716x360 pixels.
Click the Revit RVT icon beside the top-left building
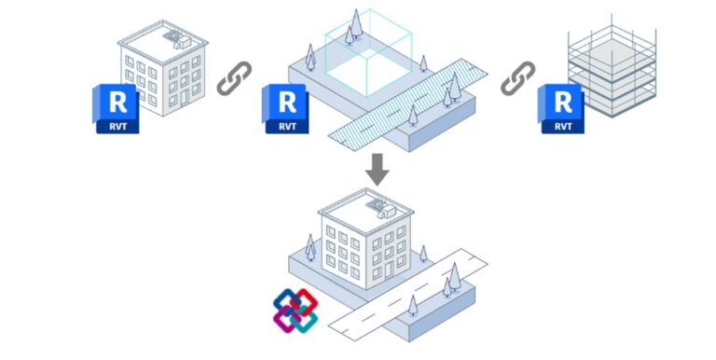pyautogui.click(x=117, y=108)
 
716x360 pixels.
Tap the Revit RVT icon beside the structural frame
pyautogui.click(x=559, y=108)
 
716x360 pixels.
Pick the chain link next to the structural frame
pyautogui.click(x=518, y=80)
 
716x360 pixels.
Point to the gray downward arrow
pyautogui.click(x=377, y=169)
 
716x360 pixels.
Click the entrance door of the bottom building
pyautogui.click(x=379, y=276)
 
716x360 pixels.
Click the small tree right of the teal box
pyautogui.click(x=423, y=64)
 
